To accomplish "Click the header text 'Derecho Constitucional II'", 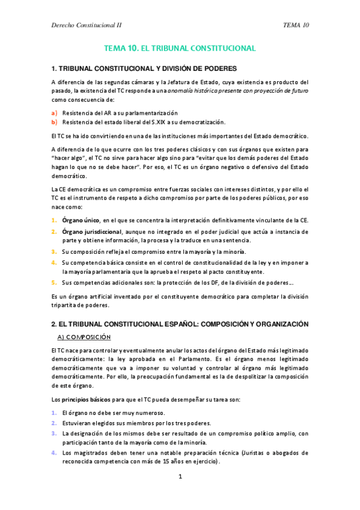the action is click(87, 25).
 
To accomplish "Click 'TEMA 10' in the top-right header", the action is click(296, 25).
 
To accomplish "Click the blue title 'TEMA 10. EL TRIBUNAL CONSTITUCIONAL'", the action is click(180, 48).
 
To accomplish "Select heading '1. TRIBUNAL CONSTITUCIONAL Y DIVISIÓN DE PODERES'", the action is click(144, 68).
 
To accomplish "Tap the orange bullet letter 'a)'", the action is click(54, 112).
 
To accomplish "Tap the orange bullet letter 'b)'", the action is click(54, 121).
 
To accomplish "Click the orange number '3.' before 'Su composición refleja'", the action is click(54, 251).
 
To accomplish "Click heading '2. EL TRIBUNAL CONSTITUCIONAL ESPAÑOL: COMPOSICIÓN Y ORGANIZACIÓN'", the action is click(180, 324).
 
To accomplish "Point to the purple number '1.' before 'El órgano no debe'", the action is click(54, 413).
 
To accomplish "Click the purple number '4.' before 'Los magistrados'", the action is click(54, 452).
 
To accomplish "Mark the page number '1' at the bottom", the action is click(180, 477).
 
